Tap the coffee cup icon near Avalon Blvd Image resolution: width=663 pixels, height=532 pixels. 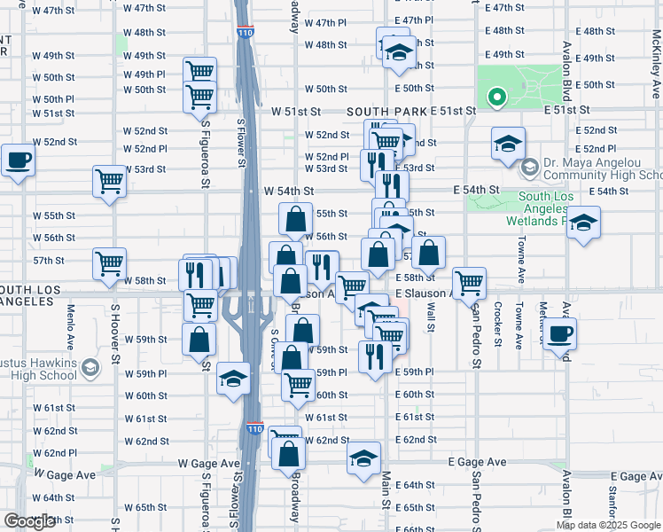coord(559,334)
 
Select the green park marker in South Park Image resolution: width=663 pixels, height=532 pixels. coord(497,98)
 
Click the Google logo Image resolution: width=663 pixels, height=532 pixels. coord(29,521)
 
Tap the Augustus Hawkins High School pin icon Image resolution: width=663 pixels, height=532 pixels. coord(90,368)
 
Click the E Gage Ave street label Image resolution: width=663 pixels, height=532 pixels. coord(477,462)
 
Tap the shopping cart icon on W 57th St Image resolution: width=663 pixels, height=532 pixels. coord(110,262)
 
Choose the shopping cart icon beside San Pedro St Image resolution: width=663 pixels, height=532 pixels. coord(469,283)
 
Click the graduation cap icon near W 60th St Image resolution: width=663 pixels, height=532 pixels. coord(233,379)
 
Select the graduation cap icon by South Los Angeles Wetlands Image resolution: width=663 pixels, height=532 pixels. coord(583,223)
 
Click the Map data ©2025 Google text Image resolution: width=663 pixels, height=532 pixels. coord(608,525)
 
